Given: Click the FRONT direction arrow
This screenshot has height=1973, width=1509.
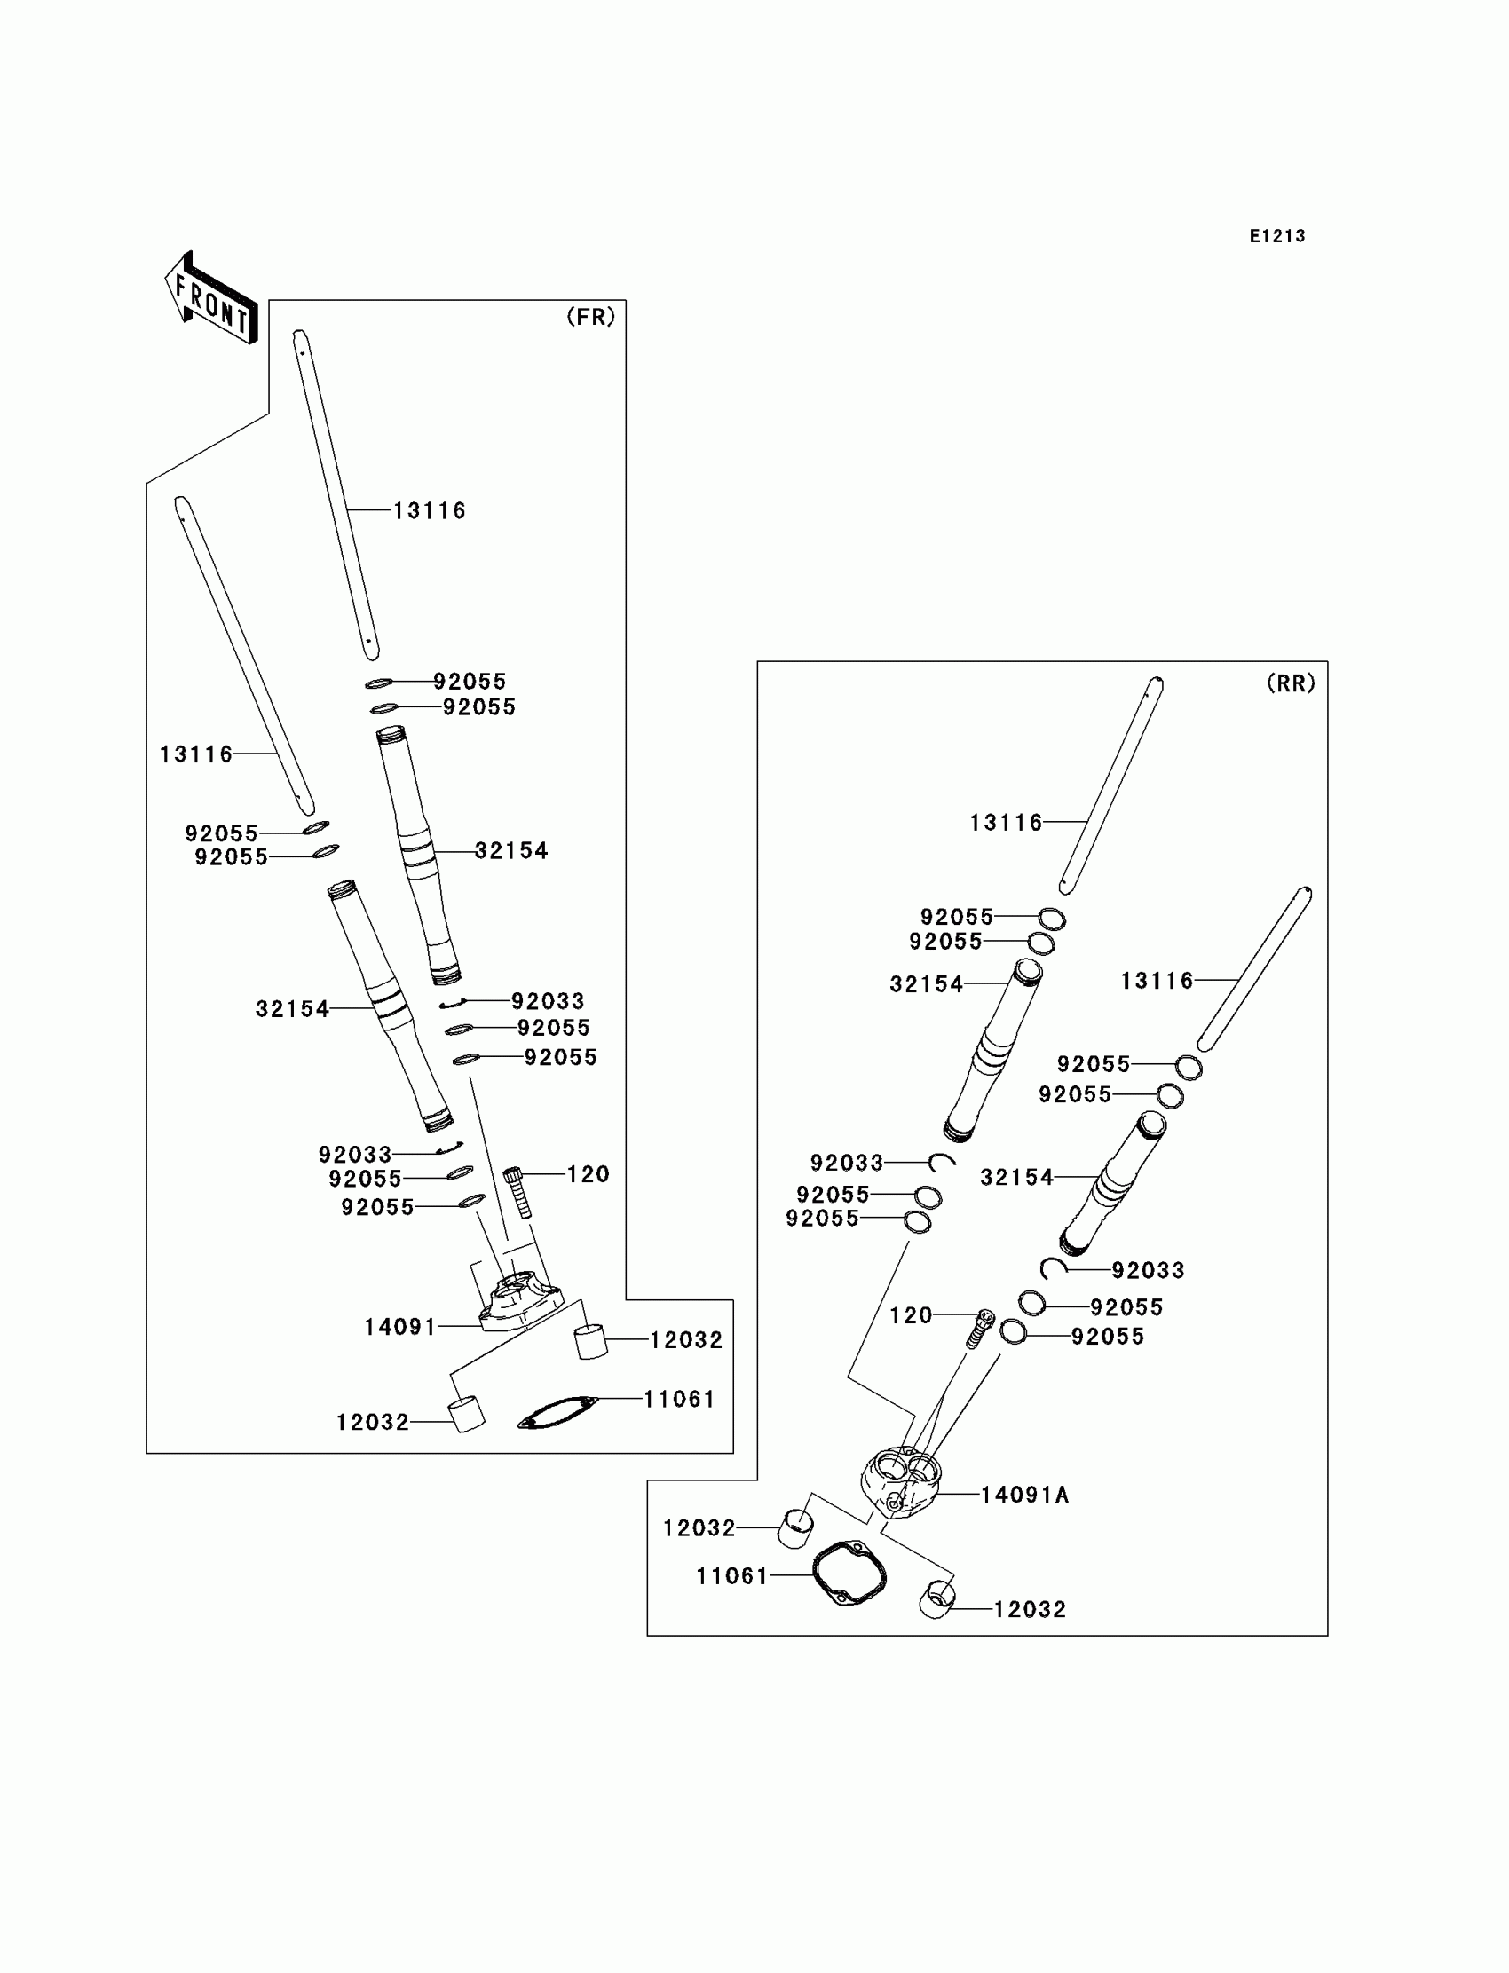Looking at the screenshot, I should pyautogui.click(x=212, y=298).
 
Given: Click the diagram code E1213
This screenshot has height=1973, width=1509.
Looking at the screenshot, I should pyautogui.click(x=1277, y=236).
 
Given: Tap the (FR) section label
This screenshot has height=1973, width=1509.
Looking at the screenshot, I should pyautogui.click(x=591, y=317).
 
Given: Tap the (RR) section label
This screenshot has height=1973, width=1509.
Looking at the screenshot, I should pyautogui.click(x=1291, y=683).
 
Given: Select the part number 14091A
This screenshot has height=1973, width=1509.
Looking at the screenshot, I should pyautogui.click(x=1024, y=1495).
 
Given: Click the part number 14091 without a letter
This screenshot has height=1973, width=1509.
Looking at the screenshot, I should pyautogui.click(x=399, y=1326).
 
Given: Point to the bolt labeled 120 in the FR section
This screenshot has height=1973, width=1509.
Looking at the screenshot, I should pyautogui.click(x=519, y=1193).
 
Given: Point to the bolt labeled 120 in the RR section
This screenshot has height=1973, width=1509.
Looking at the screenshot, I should pyautogui.click(x=981, y=1329).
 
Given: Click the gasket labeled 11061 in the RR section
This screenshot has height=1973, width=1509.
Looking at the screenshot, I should pyautogui.click(x=849, y=1574).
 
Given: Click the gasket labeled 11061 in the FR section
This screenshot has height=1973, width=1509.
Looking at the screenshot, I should pyautogui.click(x=557, y=1412).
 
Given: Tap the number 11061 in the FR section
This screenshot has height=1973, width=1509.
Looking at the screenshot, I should pyautogui.click(x=679, y=1398).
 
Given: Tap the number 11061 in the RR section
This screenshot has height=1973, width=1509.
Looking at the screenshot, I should pyautogui.click(x=732, y=1575).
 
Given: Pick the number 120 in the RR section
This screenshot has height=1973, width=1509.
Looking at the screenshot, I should pyautogui.click(x=911, y=1315).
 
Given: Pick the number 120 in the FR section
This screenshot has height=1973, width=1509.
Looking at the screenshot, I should pyautogui.click(x=589, y=1173).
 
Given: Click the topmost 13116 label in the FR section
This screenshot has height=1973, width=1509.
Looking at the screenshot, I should pyautogui.click(x=430, y=511).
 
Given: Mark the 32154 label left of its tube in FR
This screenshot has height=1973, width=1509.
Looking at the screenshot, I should pyautogui.click(x=292, y=1009).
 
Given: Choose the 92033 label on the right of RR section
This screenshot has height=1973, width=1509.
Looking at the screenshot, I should pyautogui.click(x=1148, y=1270).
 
